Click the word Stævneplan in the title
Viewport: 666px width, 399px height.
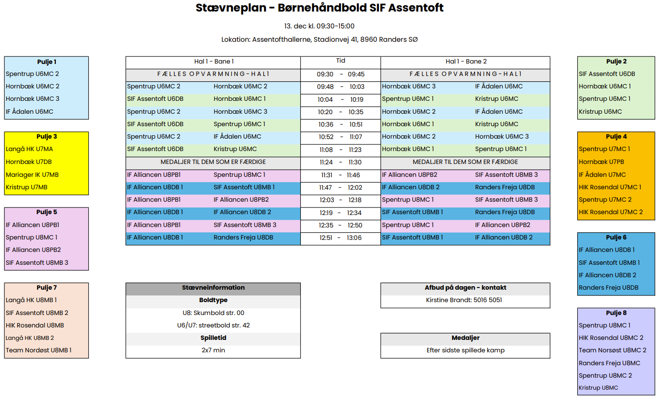pyautogui.click(x=231, y=8)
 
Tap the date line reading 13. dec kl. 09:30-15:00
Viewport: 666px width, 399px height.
pyautogui.click(x=319, y=26)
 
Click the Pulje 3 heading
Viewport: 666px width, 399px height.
pyautogui.click(x=47, y=137)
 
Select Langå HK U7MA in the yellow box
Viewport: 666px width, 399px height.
pyautogui.click(x=29, y=149)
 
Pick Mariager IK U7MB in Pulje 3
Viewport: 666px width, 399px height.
pyautogui.click(x=32, y=175)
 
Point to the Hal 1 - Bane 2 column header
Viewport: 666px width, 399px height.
pyautogui.click(x=466, y=62)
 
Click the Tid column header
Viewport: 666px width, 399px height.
pyautogui.click(x=340, y=61)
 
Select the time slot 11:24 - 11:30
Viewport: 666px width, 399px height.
pyautogui.click(x=340, y=162)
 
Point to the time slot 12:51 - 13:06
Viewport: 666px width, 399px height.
pyautogui.click(x=340, y=238)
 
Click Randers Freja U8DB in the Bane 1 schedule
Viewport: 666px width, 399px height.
pyautogui.click(x=243, y=238)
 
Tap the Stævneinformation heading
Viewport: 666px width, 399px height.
pyautogui.click(x=213, y=288)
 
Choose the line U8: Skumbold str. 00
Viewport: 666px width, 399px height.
pyautogui.click(x=213, y=313)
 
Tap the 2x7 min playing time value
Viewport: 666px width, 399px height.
pyautogui.click(x=213, y=350)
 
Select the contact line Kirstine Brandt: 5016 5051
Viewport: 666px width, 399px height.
pyautogui.click(x=464, y=300)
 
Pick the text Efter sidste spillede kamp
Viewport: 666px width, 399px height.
pyautogui.click(x=465, y=350)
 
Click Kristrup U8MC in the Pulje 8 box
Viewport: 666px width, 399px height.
pyautogui.click(x=598, y=388)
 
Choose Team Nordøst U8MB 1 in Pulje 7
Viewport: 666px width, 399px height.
pyautogui.click(x=39, y=350)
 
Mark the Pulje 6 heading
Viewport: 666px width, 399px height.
pyautogui.click(x=616, y=238)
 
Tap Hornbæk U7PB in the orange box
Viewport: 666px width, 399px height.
pyautogui.click(x=601, y=162)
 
